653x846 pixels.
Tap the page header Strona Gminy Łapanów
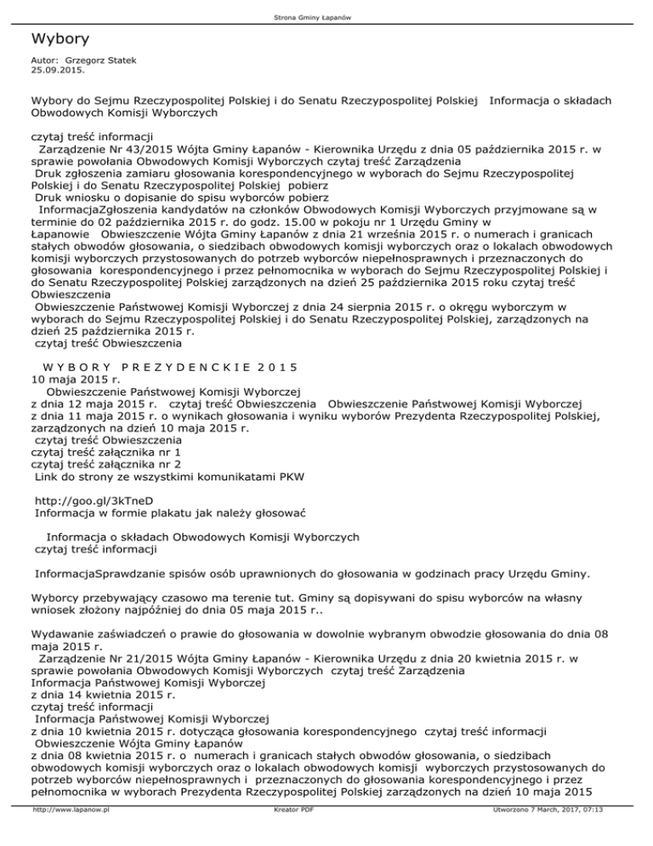pyautogui.click(x=326, y=18)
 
